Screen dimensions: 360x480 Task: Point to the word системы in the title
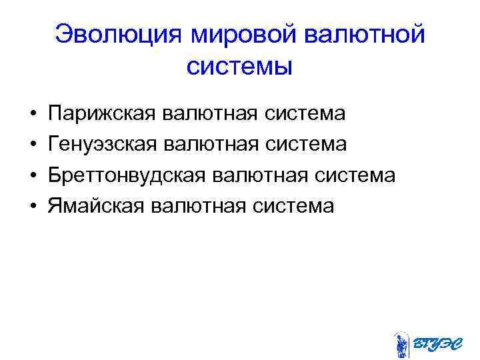[x=239, y=66]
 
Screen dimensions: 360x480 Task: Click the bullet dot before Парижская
[x=33, y=115]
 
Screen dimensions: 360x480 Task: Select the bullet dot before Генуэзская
[x=33, y=145]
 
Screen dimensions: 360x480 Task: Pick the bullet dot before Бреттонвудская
[x=33, y=176]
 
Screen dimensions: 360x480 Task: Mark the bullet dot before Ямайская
[x=33, y=207]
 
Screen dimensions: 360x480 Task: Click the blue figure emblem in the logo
[x=401, y=345]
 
